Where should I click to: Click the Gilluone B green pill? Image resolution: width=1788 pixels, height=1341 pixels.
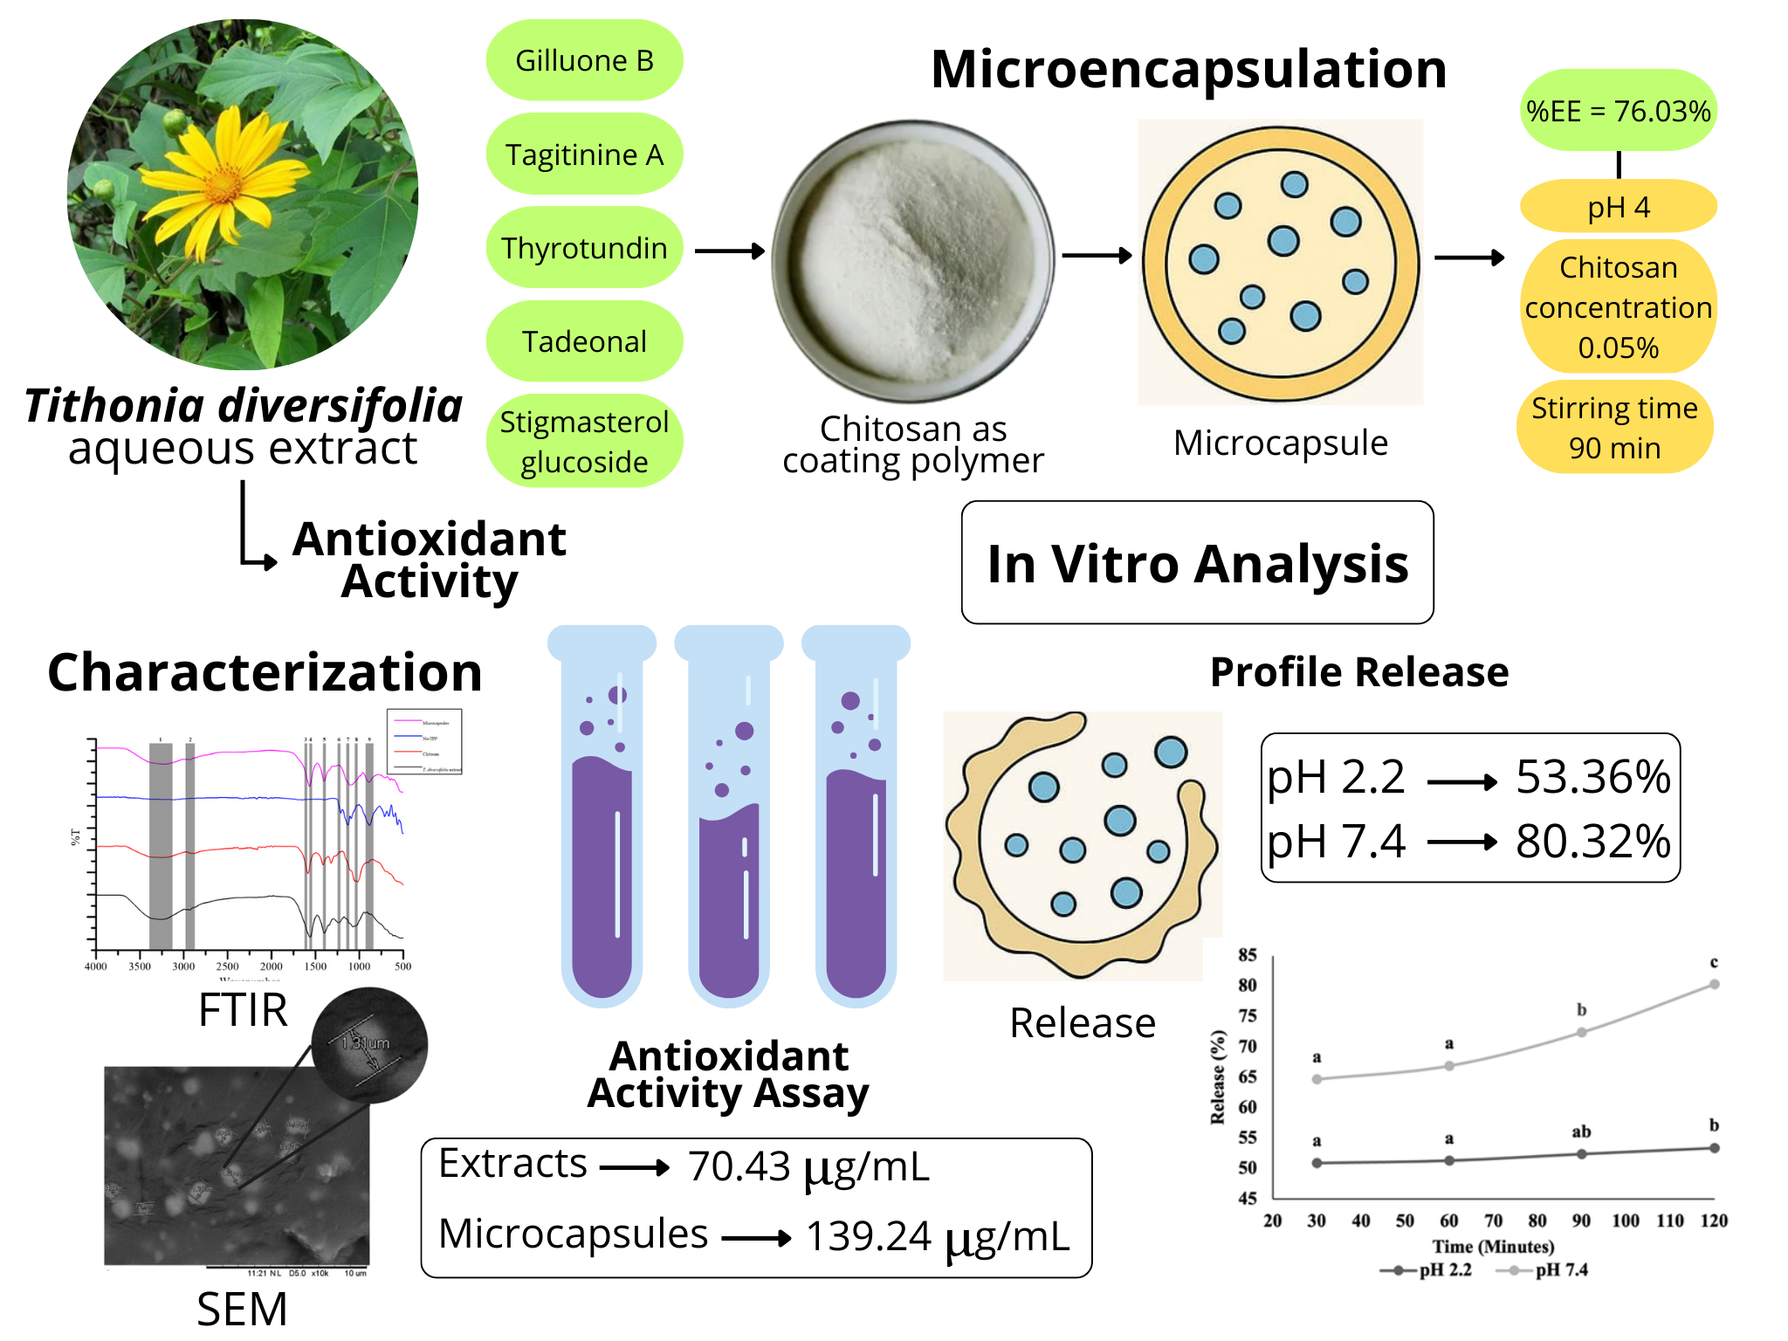tap(584, 60)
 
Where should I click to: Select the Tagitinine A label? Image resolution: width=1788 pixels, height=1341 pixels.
tap(584, 155)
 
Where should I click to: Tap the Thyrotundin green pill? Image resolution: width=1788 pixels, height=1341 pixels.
tap(584, 248)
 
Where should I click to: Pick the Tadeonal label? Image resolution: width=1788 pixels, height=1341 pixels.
tap(584, 341)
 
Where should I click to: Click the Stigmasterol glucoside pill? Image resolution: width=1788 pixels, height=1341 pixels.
tap(584, 441)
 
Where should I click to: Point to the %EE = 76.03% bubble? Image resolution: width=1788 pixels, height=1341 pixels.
tap(1618, 111)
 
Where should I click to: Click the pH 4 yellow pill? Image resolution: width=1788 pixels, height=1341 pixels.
tap(1618, 207)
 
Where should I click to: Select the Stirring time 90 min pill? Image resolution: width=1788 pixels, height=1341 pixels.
tap(1614, 427)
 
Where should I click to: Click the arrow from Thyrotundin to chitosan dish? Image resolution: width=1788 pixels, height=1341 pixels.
tap(730, 251)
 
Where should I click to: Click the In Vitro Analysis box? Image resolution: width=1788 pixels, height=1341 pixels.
tap(1197, 563)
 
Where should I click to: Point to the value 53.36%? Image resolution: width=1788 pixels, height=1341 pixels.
tap(1592, 776)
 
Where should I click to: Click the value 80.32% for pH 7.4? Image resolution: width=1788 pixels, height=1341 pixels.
tap(1592, 841)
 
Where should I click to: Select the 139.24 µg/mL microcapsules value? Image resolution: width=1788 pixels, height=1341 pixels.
tap(937, 1236)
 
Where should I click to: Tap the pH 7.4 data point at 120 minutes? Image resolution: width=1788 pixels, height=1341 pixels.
tap(1714, 985)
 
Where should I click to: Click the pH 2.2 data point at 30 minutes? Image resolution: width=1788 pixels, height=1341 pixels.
tap(1317, 1163)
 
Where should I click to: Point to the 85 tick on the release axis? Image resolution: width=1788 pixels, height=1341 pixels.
tap(1248, 955)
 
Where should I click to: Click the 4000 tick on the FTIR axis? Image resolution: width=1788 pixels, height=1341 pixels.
tap(95, 966)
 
